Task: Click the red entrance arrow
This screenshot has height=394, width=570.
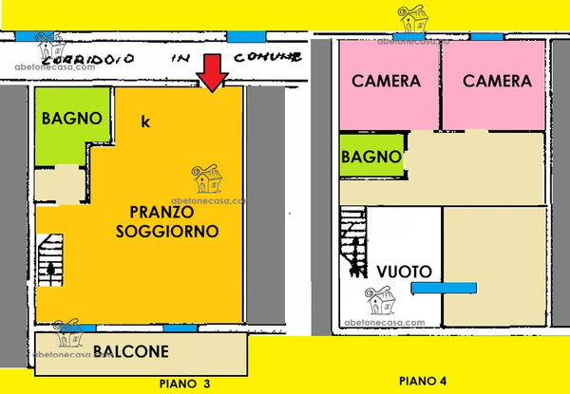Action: [x=212, y=72]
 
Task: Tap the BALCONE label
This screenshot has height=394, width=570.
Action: [x=131, y=351]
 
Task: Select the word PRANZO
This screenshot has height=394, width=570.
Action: [x=161, y=213]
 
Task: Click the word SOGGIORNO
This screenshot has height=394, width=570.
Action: [x=167, y=231]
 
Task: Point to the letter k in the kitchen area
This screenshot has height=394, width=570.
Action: [x=145, y=122]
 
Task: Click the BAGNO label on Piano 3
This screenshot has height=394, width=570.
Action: [x=71, y=119]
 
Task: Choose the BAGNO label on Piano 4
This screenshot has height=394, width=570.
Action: [x=371, y=157]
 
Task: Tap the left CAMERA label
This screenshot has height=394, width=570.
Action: [x=386, y=81]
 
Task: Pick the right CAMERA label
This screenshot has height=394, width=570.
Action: [x=497, y=81]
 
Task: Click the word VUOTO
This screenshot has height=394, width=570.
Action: [x=404, y=272]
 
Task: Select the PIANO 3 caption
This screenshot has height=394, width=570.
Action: [x=184, y=384]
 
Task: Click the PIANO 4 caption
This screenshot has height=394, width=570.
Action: [x=423, y=381]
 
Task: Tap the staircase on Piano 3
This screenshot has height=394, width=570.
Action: [x=50, y=260]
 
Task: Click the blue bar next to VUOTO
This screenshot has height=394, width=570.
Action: [x=444, y=288]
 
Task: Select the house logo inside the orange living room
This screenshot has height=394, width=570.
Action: [x=207, y=178]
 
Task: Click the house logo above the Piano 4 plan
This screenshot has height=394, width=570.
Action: [x=413, y=19]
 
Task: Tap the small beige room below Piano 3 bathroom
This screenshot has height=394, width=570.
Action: [x=60, y=185]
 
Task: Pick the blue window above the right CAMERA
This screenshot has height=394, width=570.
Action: [x=487, y=37]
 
